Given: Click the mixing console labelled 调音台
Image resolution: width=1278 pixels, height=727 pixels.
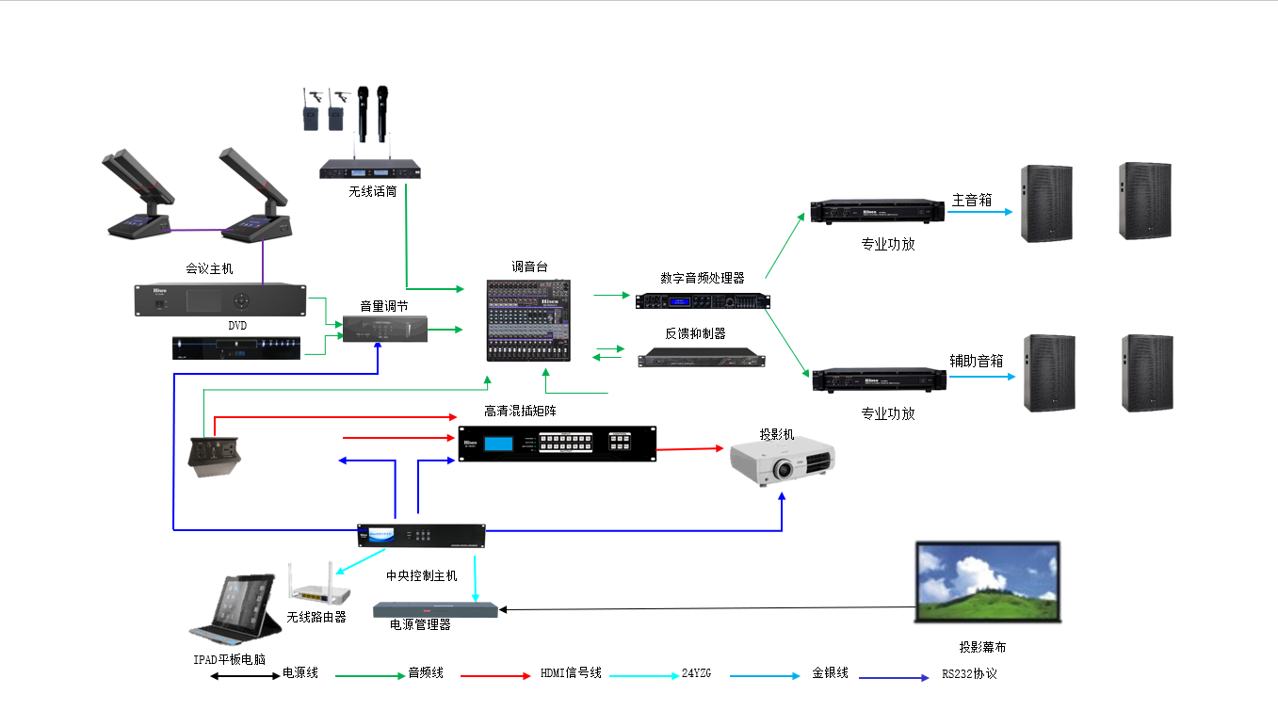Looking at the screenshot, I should [530, 320].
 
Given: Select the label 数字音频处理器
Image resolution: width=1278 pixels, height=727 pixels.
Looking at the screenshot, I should [702, 278].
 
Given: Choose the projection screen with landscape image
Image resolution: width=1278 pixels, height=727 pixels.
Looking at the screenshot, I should [989, 582].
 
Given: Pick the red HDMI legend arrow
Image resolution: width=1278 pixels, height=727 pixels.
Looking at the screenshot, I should [495, 676].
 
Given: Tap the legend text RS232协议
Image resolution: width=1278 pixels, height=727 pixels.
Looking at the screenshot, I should [969, 674].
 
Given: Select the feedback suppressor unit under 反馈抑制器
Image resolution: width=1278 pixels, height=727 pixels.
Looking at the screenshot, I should [702, 358].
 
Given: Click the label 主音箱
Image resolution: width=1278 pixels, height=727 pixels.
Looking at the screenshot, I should [972, 200].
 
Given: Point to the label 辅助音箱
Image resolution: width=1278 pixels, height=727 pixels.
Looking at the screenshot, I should [976, 361].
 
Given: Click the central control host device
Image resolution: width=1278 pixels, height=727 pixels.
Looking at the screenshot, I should [422, 536].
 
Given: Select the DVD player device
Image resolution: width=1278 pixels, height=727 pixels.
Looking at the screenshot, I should [236, 347].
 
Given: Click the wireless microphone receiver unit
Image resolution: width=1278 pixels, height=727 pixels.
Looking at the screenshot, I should [369, 170].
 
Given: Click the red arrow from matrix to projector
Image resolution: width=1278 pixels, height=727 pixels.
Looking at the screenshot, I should [691, 449].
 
